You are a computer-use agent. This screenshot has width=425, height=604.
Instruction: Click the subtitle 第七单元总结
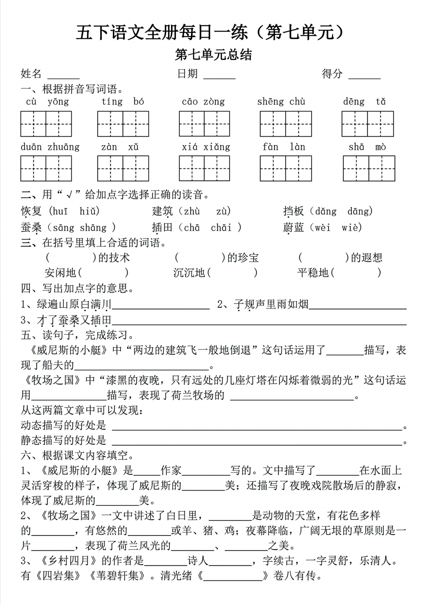point(213,55)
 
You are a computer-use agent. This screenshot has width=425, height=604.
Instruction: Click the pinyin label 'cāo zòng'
point(203,101)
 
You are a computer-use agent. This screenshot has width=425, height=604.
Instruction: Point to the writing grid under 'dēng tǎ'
point(368,124)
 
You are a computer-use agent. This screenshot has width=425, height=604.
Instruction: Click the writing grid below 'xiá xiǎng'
point(204,168)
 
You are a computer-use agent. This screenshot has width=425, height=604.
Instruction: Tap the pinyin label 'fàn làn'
point(284,147)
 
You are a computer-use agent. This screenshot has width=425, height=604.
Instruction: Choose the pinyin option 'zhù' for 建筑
point(192,211)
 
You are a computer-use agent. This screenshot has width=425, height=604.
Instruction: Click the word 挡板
point(293,211)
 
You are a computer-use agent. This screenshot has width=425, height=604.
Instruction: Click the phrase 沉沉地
point(189,273)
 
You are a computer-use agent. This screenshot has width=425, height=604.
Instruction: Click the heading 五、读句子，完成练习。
point(78,335)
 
